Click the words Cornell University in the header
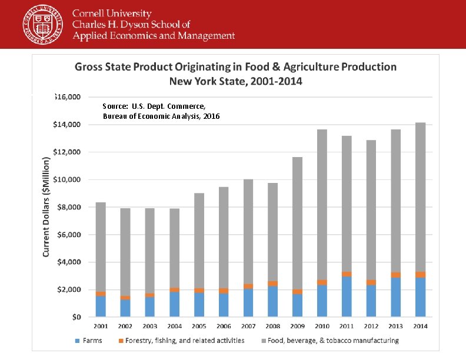pyautogui.click(x=112, y=14)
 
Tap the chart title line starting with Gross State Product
pyautogui.click(x=235, y=67)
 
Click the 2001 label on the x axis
pyautogui.click(x=101, y=326)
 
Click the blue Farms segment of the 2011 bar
pyautogui.click(x=347, y=297)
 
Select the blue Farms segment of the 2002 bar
pyautogui.click(x=125, y=308)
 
